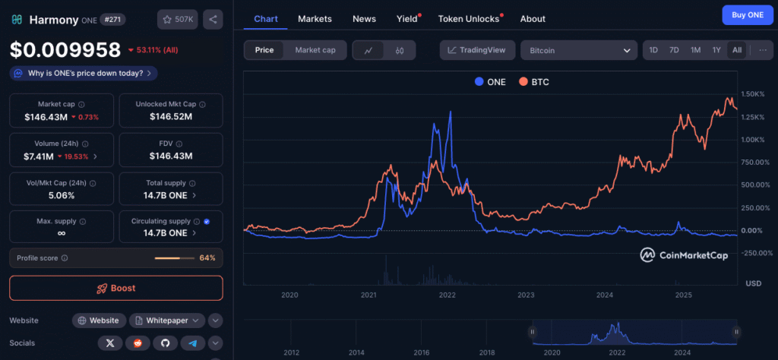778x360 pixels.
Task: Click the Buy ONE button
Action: click(x=748, y=15)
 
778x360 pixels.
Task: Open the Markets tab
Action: click(x=315, y=19)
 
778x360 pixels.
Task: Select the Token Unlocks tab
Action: click(x=468, y=19)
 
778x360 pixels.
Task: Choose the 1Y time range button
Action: click(x=716, y=50)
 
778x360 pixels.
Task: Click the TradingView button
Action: click(x=476, y=50)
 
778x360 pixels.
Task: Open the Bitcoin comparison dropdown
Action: click(x=579, y=50)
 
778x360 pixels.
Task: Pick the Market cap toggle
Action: click(x=315, y=50)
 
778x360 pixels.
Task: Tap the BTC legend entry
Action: click(x=534, y=82)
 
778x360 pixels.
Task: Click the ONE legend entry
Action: click(x=490, y=82)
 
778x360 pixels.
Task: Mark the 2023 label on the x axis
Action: click(x=526, y=295)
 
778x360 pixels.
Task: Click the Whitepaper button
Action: click(x=167, y=321)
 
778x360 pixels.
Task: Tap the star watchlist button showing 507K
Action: click(x=178, y=20)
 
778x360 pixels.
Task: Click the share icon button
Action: click(x=213, y=20)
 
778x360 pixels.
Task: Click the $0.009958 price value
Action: click(x=65, y=50)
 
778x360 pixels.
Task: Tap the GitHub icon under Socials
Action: click(x=165, y=343)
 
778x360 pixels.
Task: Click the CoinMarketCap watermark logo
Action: click(x=684, y=255)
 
